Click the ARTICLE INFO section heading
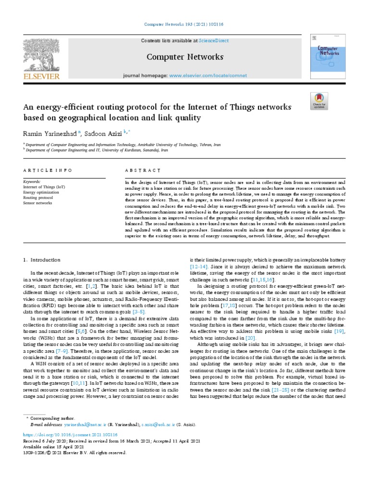point(48,171)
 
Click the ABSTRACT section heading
point(143,171)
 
